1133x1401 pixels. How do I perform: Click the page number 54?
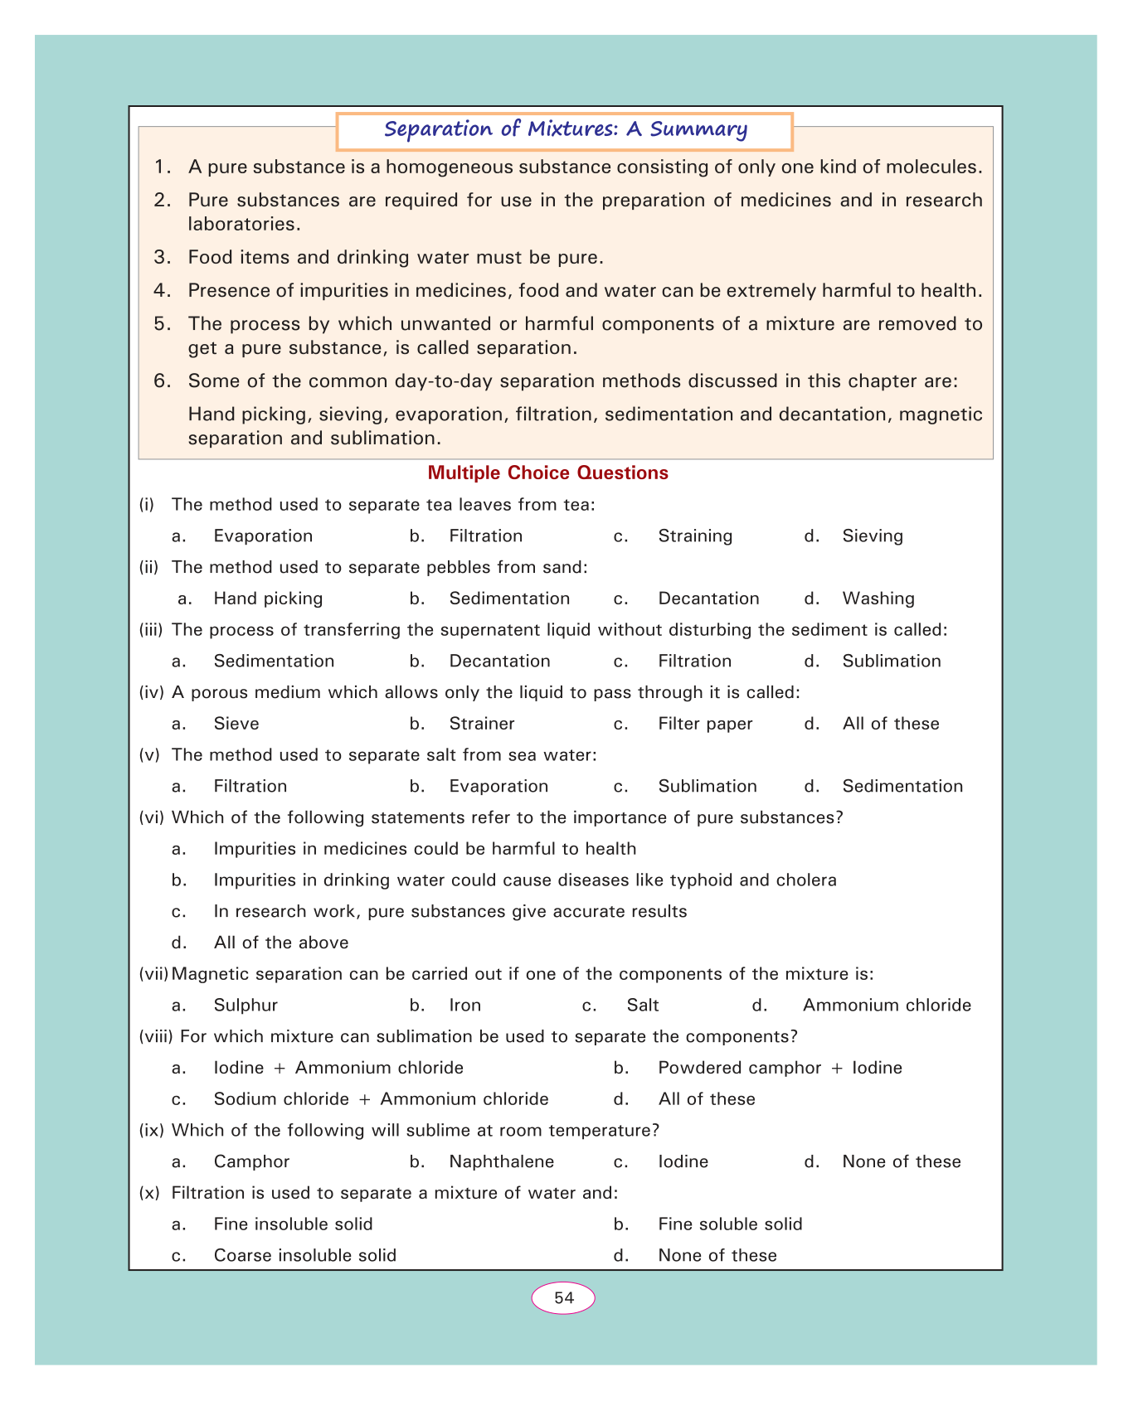click(564, 1297)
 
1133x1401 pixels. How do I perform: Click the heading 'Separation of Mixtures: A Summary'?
click(566, 129)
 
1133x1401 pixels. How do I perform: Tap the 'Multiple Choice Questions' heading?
click(547, 473)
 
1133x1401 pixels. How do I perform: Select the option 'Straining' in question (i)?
click(695, 536)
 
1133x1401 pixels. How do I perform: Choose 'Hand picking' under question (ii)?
click(268, 599)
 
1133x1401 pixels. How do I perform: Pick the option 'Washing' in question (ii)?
click(878, 599)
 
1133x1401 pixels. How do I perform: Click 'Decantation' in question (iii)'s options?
click(499, 662)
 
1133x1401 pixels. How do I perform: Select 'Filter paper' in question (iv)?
click(705, 724)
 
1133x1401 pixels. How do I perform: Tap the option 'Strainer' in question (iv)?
click(482, 724)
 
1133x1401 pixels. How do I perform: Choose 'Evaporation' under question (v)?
click(498, 786)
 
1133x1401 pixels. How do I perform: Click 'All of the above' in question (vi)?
click(280, 943)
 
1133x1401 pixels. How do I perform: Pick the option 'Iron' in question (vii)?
click(464, 1006)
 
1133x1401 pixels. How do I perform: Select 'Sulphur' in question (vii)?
click(246, 1006)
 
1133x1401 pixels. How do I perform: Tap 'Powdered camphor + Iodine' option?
click(780, 1068)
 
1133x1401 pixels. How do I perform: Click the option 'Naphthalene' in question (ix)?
click(501, 1161)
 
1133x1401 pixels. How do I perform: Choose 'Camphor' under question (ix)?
click(251, 1161)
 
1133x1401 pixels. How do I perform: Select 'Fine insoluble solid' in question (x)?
click(293, 1224)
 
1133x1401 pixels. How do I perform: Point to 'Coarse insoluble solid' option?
click(304, 1255)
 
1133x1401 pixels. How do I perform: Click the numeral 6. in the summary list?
click(162, 381)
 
